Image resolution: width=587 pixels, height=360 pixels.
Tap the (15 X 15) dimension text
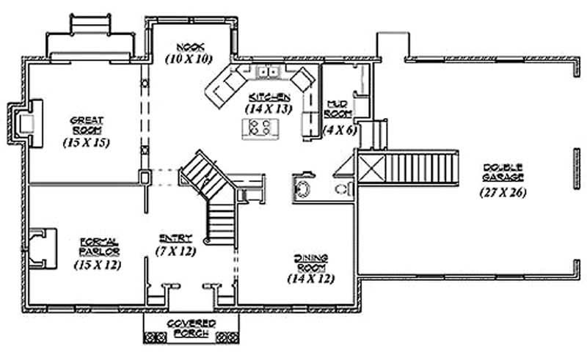(87, 143)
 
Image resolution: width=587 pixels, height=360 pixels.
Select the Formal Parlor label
(97, 246)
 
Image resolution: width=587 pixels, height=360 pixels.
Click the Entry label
(175, 238)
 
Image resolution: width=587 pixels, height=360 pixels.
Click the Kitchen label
(270, 97)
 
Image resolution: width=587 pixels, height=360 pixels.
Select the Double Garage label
(503, 172)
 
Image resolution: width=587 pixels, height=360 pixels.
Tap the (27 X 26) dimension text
(503, 192)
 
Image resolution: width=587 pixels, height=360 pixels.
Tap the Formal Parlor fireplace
(44, 247)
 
